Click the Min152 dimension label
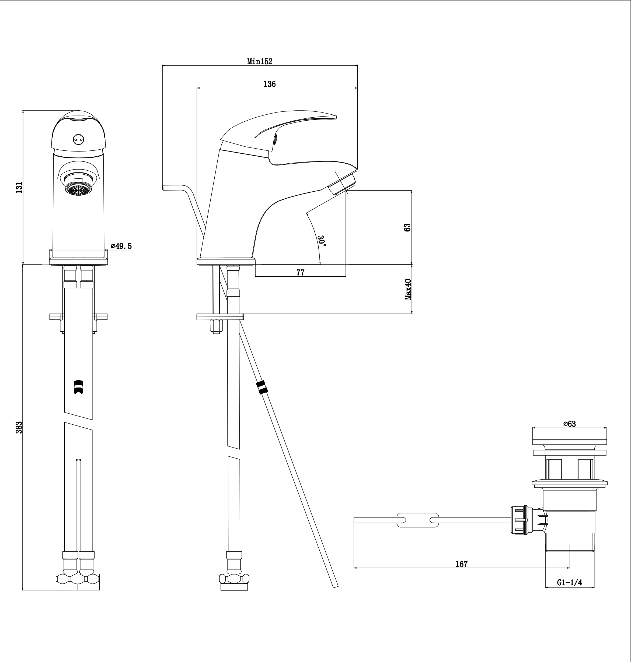pyautogui.click(x=260, y=62)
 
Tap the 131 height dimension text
pyautogui.click(x=19, y=188)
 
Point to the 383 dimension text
pyautogui.click(x=19, y=427)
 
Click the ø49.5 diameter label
pyautogui.click(x=121, y=246)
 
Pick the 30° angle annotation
pyautogui.click(x=322, y=241)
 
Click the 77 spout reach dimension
pyautogui.click(x=300, y=273)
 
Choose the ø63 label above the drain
pyautogui.click(x=569, y=424)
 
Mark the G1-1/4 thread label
pyautogui.click(x=569, y=583)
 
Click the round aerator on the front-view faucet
pyautogui.click(x=79, y=188)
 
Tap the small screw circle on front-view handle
pyautogui.click(x=78, y=138)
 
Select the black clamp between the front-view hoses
pyautogui.click(x=78, y=386)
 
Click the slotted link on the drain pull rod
pyautogui.click(x=418, y=520)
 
